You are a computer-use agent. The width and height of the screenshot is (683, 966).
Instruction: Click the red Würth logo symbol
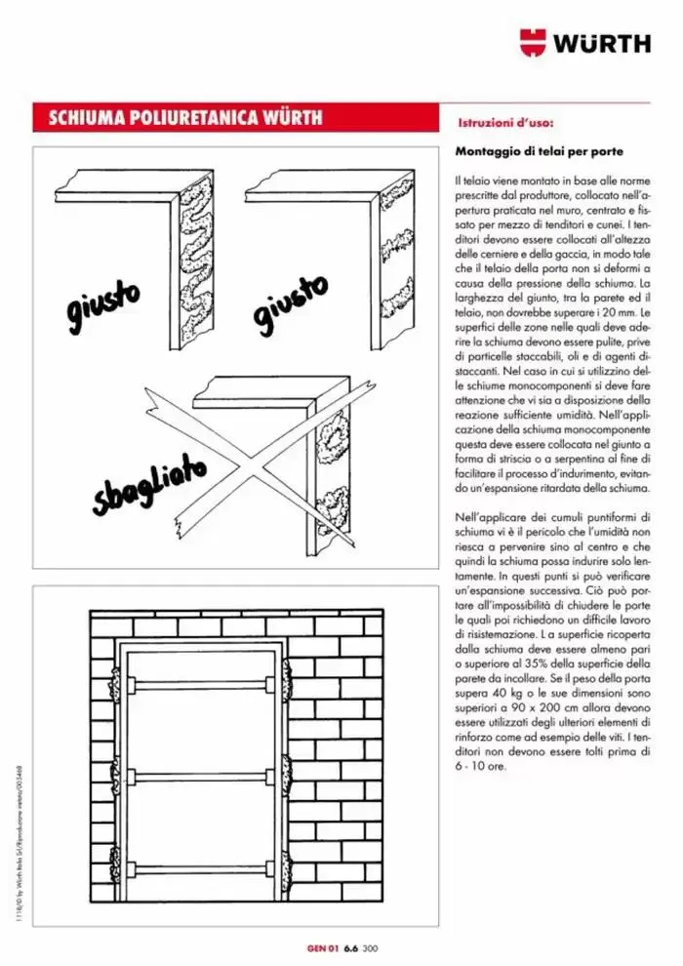click(x=534, y=43)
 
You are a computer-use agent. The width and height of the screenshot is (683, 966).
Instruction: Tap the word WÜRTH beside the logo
click(x=603, y=44)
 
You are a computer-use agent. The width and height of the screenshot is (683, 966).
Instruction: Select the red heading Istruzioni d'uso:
click(x=505, y=124)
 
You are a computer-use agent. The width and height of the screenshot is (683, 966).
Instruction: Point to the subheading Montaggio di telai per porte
click(x=539, y=152)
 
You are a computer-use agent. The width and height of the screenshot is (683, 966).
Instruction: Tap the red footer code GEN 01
click(x=322, y=945)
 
